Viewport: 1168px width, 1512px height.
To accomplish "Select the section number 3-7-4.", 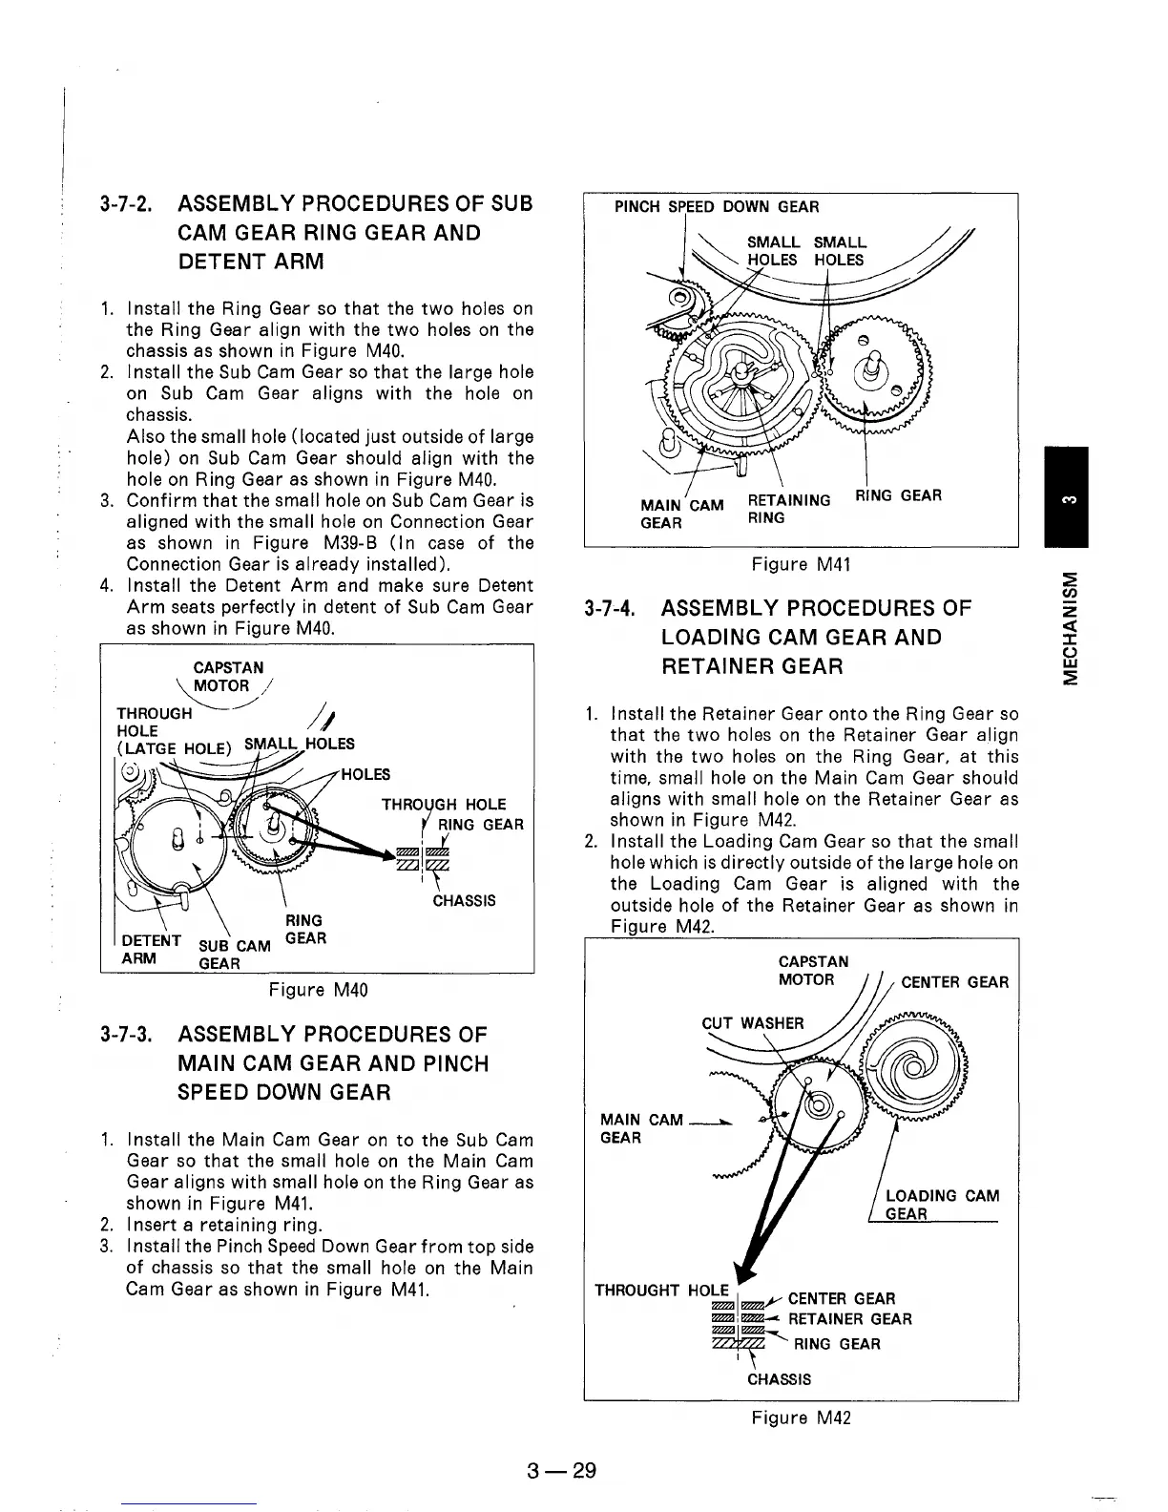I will pos(611,608).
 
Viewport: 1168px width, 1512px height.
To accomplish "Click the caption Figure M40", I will pos(317,990).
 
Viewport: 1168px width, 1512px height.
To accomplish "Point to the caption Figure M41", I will pos(800,564).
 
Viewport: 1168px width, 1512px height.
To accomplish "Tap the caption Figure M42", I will pos(800,1417).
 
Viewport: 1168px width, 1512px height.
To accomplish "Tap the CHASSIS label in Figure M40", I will pos(464,900).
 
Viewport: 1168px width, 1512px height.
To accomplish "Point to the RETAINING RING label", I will pos(788,508).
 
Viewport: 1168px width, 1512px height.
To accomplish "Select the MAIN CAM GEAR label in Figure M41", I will pos(682,514).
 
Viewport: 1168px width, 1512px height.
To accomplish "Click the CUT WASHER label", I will pos(753,1023).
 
